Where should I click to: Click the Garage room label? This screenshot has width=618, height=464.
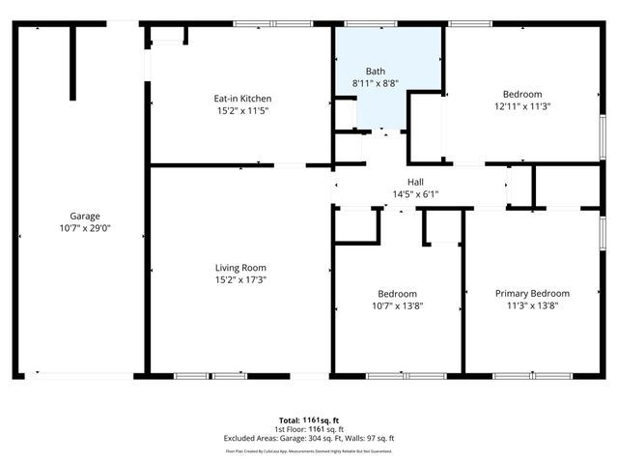coord(84,217)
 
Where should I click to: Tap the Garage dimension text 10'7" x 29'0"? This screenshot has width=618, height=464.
coord(84,229)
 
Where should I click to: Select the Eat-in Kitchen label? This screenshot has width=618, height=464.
coord(241,99)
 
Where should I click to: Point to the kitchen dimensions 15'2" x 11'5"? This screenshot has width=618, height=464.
coord(241,110)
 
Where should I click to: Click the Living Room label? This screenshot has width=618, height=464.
coord(240,268)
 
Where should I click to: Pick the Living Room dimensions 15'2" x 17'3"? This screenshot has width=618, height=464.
coord(240,280)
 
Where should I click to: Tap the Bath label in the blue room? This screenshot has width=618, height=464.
coord(376,72)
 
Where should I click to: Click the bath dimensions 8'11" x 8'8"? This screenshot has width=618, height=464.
coord(376,84)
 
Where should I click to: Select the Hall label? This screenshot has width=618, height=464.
coord(415,182)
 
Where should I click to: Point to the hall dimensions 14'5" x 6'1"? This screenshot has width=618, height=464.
coord(415,194)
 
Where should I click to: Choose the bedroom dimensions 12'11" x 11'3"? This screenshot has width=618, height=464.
coord(522,106)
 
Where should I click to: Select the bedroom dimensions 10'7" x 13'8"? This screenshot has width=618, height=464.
coord(397,305)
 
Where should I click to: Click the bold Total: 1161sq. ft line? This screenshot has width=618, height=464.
coord(309,420)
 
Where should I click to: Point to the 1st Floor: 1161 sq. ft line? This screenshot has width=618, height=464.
coord(309,428)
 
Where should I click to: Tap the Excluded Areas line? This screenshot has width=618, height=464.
coord(309,438)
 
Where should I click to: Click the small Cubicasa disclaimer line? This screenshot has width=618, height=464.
coord(309,450)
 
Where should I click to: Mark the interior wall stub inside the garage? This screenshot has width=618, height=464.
coord(71,62)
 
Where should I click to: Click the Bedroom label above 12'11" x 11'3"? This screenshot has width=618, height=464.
coord(522,94)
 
